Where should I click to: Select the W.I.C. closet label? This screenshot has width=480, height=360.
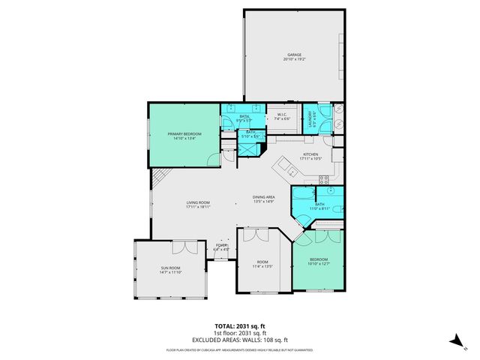[283, 116]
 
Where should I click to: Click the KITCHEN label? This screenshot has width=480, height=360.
[310, 157]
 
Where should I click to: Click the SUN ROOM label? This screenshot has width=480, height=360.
[169, 270]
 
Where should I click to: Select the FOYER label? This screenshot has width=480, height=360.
[221, 247]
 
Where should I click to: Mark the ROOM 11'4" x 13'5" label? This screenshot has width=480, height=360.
[262, 263]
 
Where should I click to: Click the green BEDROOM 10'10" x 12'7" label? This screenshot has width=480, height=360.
[319, 262]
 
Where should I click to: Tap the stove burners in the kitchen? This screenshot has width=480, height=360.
[324, 179]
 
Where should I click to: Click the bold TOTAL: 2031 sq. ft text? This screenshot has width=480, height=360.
[240, 326]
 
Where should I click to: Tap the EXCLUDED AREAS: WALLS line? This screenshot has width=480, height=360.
[240, 339]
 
